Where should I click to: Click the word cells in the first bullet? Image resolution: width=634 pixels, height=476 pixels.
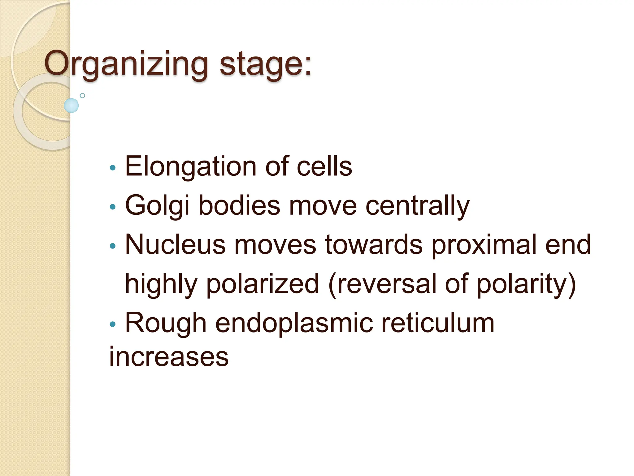pos(324,166)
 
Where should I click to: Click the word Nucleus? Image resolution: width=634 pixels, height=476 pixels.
pos(175,245)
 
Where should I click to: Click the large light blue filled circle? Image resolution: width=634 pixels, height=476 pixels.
pos(71,105)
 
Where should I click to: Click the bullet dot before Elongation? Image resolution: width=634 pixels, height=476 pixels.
pos(113,168)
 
